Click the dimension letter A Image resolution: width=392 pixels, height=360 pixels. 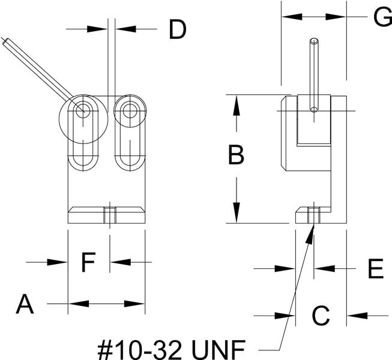point(25,304)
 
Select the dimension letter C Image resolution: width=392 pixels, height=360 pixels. point(321,315)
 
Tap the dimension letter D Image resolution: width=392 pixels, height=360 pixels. point(177,29)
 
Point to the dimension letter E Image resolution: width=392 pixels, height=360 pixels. point(375,269)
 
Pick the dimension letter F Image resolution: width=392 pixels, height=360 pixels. point(88,262)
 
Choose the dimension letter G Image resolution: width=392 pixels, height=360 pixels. point(382,17)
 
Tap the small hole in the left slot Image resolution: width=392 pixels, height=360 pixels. point(83,110)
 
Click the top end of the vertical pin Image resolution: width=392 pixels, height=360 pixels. point(313,41)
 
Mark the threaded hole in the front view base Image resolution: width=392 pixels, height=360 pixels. point(109,214)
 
